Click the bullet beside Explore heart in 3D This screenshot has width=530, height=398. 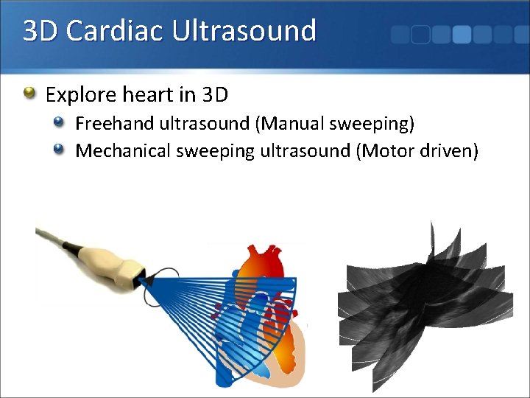tap(29, 94)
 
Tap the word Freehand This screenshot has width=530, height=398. tap(114, 122)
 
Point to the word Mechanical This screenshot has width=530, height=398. tap(122, 151)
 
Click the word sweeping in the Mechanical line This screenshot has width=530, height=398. tap(214, 152)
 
